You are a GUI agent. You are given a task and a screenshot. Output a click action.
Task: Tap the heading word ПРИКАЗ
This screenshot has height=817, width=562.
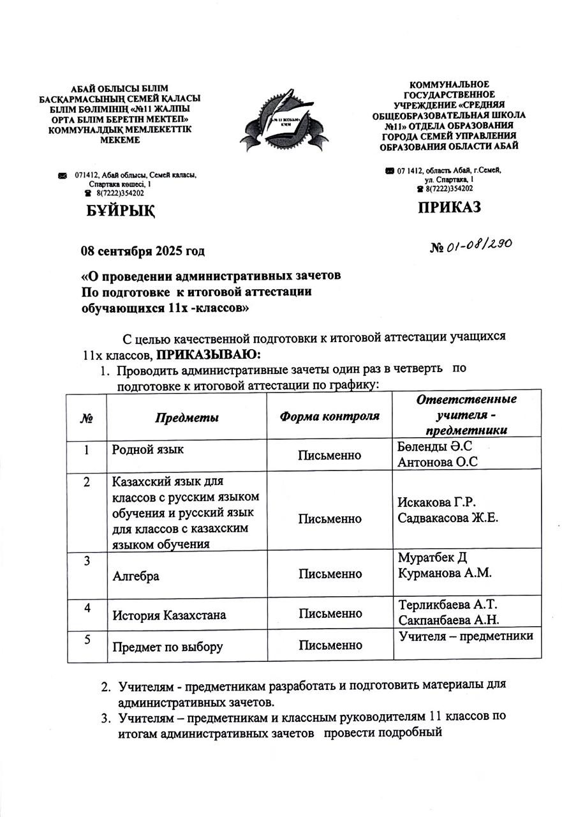[449, 207]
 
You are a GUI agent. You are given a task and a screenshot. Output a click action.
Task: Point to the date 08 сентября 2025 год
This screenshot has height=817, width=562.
[142, 251]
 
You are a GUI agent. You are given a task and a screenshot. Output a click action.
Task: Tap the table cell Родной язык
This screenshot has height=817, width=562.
[148, 450]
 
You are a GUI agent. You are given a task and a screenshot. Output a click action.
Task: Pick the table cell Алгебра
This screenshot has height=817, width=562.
[136, 576]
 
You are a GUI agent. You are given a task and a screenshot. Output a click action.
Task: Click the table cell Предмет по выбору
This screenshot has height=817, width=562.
[167, 647]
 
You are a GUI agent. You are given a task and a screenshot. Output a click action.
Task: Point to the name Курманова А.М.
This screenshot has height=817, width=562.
[444, 573]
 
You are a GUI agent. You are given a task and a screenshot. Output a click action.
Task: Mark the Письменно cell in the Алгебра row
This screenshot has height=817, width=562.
[330, 574]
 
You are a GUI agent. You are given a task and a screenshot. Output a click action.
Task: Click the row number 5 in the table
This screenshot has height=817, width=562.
[86, 639]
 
